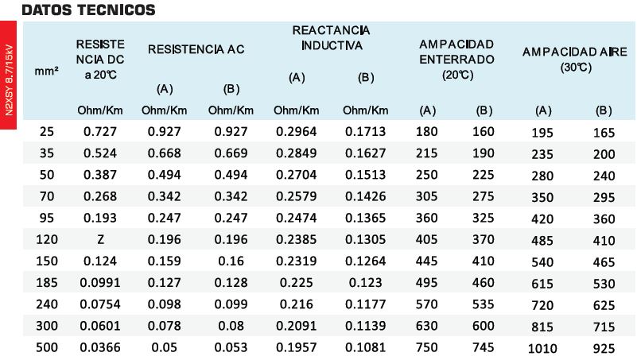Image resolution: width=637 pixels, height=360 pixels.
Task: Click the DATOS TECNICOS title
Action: [x=88, y=10]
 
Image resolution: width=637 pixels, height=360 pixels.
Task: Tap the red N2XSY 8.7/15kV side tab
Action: [x=8, y=75]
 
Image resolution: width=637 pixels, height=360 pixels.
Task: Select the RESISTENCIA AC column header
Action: [x=196, y=49]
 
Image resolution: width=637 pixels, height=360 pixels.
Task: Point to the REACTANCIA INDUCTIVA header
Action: [x=331, y=37]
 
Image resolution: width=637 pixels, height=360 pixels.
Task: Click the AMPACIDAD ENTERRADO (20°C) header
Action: [x=456, y=60]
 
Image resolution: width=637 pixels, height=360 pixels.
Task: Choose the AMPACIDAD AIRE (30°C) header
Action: [x=574, y=60]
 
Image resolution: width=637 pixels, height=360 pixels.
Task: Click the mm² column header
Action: [x=46, y=72]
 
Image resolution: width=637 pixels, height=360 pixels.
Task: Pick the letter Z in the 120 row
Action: [x=100, y=239]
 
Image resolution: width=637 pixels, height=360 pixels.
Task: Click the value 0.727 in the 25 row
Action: [x=100, y=131]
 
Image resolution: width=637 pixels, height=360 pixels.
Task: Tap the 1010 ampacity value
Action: [x=542, y=348]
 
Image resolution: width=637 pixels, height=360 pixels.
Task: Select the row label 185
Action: [x=47, y=282]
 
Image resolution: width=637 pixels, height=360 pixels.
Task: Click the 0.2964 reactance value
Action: [x=296, y=131]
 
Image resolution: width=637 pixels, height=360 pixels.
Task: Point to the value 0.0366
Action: [x=100, y=347]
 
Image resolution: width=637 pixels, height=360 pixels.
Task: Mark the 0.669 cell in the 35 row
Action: [x=231, y=153]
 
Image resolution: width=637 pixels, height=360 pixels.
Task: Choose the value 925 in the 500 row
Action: [x=604, y=348]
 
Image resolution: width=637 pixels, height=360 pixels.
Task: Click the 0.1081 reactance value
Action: [x=365, y=347]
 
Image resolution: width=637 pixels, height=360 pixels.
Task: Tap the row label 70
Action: [x=47, y=196]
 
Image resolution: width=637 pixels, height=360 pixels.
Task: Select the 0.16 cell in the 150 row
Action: [x=231, y=261]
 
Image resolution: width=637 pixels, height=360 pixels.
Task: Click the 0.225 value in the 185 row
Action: [x=296, y=282]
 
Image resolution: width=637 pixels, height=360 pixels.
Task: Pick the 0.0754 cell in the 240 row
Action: [x=100, y=304]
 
